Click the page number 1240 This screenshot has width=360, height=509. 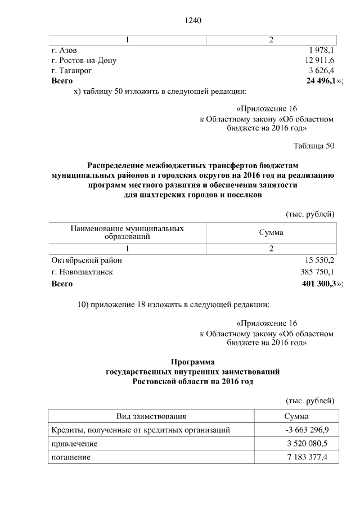[192, 21]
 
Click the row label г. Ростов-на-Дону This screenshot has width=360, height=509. [84, 60]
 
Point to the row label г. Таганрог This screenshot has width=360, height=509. [71, 70]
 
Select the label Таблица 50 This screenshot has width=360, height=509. [314, 146]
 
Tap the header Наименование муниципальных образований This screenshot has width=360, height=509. [127, 233]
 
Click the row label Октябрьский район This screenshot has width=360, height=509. [86, 260]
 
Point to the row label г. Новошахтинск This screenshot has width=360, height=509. [82, 272]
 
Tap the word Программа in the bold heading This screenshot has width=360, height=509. [192, 362]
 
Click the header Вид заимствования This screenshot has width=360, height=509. [151, 416]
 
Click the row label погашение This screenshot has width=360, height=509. [71, 457]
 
